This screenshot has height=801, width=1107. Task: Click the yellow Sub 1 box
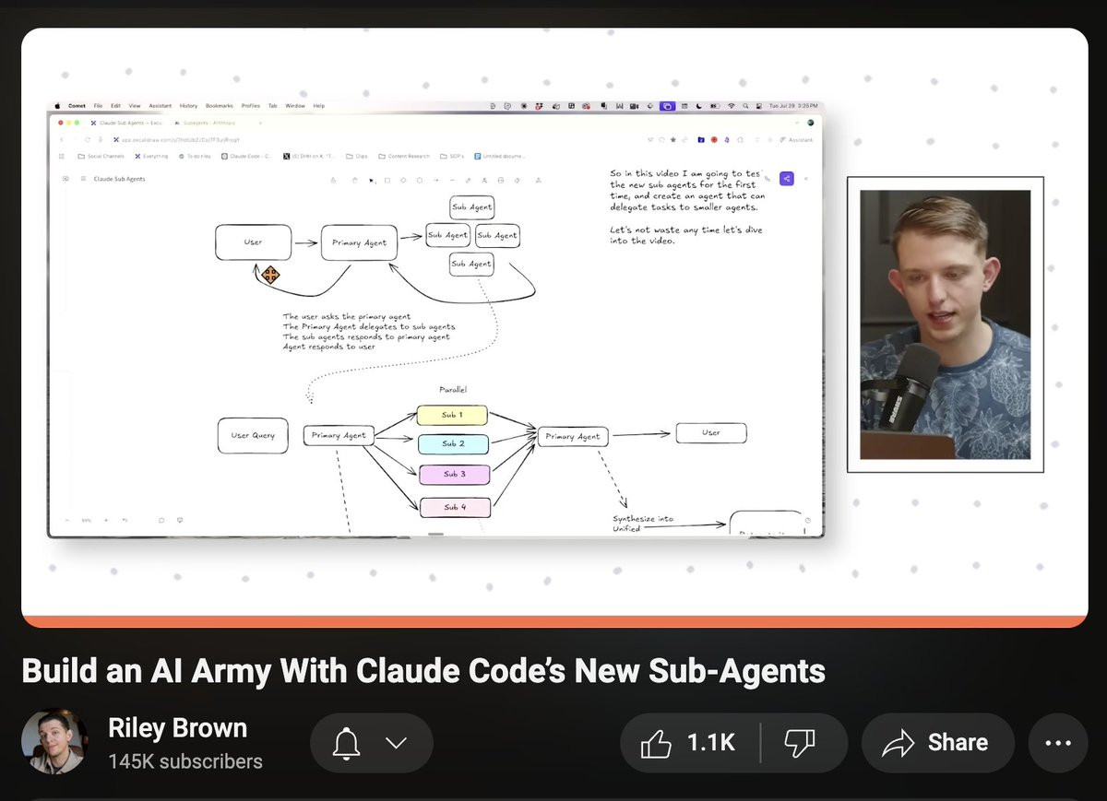pyautogui.click(x=452, y=415)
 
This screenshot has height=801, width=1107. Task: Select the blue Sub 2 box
pyautogui.click(x=452, y=444)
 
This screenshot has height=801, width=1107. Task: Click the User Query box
pyautogui.click(x=253, y=435)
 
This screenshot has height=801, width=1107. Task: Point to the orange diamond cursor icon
pyautogui.click(x=270, y=275)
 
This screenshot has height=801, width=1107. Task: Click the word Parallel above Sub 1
pyautogui.click(x=453, y=390)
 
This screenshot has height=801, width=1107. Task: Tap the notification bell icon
pyautogui.click(x=347, y=743)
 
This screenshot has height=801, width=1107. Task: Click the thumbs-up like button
pyautogui.click(x=657, y=743)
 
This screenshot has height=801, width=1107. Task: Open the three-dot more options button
pyautogui.click(x=1057, y=743)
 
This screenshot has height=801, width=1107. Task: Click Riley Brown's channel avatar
pyautogui.click(x=54, y=741)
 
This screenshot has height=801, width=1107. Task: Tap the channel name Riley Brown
pyautogui.click(x=178, y=728)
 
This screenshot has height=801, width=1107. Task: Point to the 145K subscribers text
pyautogui.click(x=185, y=762)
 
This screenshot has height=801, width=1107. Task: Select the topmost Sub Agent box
pyautogui.click(x=472, y=207)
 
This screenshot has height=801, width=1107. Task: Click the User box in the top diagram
pyautogui.click(x=254, y=242)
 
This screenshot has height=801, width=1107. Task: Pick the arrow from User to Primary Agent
pyautogui.click(x=305, y=243)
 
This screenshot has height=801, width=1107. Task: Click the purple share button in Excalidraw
pyautogui.click(x=786, y=179)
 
